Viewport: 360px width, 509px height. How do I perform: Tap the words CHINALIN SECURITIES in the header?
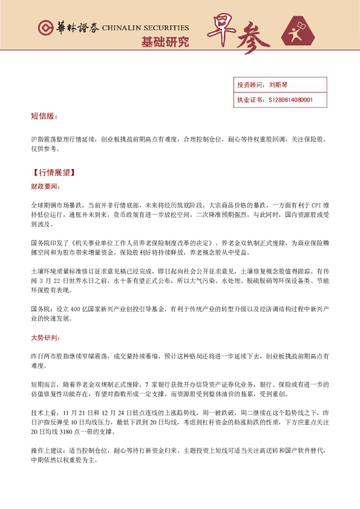(146, 28)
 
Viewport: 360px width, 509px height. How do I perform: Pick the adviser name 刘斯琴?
(279, 85)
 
